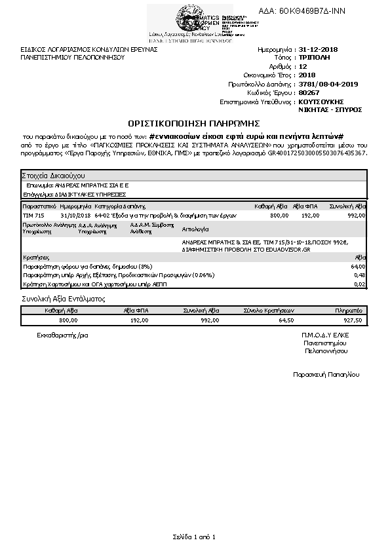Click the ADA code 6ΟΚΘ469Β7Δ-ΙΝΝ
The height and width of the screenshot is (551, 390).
(311, 11)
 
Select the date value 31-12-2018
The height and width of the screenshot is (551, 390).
(318, 49)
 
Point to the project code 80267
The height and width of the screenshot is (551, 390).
(307, 92)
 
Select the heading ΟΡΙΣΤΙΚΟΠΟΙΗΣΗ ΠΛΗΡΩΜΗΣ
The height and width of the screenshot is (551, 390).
(195, 123)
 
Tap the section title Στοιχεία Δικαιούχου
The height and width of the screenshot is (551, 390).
(53, 176)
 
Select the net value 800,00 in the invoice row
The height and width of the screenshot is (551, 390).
(279, 215)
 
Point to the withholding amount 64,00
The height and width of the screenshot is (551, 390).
(358, 267)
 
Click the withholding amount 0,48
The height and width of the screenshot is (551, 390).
(359, 275)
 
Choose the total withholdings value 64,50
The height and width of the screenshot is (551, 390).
(286, 320)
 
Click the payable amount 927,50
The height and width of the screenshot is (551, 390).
(352, 320)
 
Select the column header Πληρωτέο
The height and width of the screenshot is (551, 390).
(349, 310)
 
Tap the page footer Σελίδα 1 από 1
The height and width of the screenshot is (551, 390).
(195, 537)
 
